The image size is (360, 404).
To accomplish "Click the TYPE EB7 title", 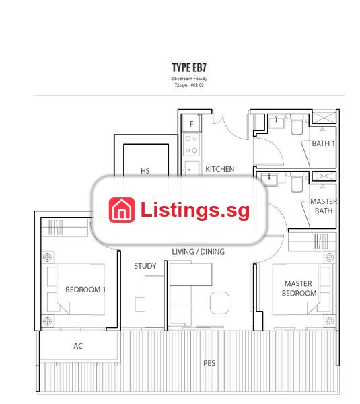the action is coord(189,67).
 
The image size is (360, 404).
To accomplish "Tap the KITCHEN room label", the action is coord(219,169).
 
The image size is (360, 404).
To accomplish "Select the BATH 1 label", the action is coord(323,143).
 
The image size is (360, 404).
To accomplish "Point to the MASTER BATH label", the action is coord(324,206).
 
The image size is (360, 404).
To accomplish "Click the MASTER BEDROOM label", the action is coord(299,288).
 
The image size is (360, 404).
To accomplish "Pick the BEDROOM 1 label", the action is coord(85,290).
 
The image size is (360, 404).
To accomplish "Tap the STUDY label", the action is coord(145,266).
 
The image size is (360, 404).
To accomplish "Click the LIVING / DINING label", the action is coord(198,251).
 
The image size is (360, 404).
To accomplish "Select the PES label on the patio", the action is coord(209,363).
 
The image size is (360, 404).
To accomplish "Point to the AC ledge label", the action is coord(78,346).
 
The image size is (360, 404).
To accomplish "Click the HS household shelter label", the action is coord(145,171).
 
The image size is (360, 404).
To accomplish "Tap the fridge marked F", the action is coord(191,124).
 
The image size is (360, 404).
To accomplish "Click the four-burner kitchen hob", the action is coord(191,145).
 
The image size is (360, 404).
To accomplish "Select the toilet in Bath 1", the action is coord(297,126).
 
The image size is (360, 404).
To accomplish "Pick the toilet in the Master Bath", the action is coord(297,183).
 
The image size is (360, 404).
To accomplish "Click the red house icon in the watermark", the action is coord(122,210).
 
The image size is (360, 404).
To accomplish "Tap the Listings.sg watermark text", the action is coord(195,211).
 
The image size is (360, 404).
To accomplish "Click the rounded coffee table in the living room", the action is coord(219,303).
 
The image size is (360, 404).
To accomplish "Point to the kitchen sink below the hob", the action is coord(192,169).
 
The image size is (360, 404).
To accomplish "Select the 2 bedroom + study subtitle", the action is coord(189,79).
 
